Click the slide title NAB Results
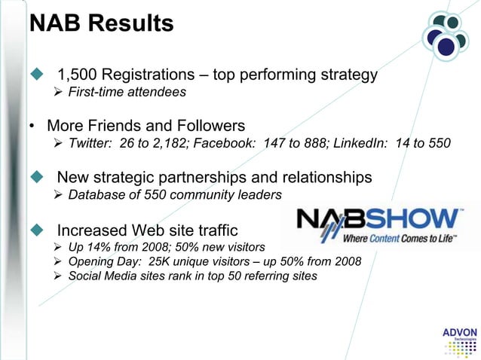[x=101, y=23]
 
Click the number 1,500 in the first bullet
[x=78, y=76]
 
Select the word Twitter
[x=89, y=144]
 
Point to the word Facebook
[x=230, y=144]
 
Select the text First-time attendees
[x=121, y=93]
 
